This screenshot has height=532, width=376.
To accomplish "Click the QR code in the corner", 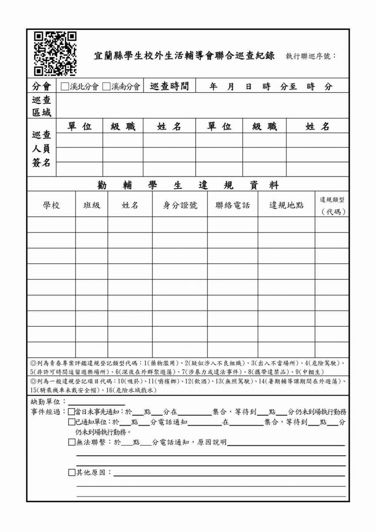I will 55,53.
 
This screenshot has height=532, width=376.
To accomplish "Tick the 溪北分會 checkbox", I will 65,86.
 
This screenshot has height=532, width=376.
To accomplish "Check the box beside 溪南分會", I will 106,86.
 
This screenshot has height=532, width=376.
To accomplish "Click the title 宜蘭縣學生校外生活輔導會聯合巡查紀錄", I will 184,56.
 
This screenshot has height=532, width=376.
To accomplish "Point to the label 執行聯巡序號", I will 310,56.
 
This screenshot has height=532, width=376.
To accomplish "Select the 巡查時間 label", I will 169,86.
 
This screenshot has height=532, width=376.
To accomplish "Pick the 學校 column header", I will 51,205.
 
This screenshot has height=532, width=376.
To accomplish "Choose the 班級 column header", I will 92,205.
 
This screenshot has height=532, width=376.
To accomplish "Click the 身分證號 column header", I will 180,205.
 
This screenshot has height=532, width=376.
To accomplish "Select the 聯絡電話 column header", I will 233,205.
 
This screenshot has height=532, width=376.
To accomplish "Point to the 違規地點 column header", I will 287,205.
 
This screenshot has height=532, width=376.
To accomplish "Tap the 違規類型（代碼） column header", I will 332,206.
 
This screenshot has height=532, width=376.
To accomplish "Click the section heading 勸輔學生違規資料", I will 188,185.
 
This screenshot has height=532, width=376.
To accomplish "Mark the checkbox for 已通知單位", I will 72,422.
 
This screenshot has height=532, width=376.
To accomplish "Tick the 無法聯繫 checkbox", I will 72,442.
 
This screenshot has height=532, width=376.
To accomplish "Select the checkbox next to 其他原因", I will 72,473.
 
